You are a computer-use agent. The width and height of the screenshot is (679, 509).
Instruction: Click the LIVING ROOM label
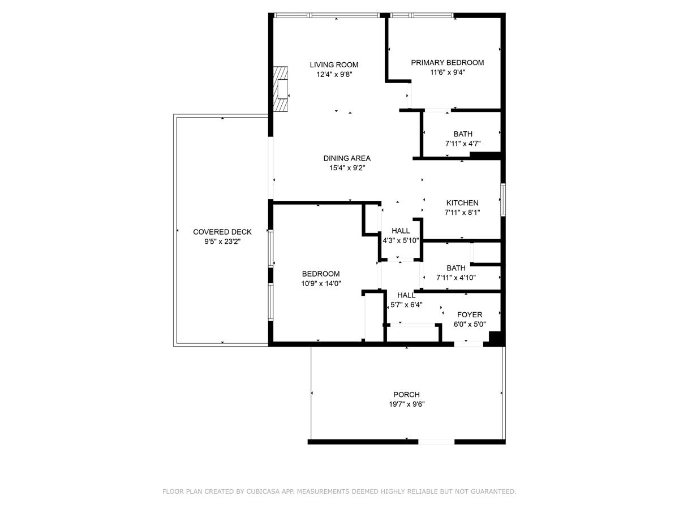tap(334, 64)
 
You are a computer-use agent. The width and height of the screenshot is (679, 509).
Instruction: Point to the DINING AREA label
tap(347, 158)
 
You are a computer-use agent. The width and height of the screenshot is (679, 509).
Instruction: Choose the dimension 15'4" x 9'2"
tap(347, 168)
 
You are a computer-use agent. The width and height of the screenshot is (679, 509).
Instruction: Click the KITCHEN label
tap(462, 203)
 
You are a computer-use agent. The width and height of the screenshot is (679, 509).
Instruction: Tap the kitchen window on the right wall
tap(502, 200)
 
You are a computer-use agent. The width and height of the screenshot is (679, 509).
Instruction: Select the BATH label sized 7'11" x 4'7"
tap(462, 134)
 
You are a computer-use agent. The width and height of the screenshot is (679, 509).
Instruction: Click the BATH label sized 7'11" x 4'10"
tap(455, 268)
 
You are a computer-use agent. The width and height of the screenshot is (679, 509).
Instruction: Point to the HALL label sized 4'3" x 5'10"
tap(401, 231)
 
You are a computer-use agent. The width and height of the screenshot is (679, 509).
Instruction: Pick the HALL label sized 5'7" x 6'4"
tap(406, 295)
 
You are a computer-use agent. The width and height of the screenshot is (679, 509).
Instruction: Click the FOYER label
tap(470, 315)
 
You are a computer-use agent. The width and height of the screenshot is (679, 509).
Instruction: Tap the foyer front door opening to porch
tap(469, 343)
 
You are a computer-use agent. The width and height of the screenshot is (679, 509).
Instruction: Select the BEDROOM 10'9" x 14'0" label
tap(320, 274)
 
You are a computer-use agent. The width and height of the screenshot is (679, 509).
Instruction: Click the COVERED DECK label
tap(222, 232)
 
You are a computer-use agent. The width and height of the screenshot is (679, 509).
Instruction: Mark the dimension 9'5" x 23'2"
tap(222, 241)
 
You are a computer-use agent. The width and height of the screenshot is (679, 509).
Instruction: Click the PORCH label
tap(406, 395)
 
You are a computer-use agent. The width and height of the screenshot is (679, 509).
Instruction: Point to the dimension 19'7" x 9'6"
tap(406, 404)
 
